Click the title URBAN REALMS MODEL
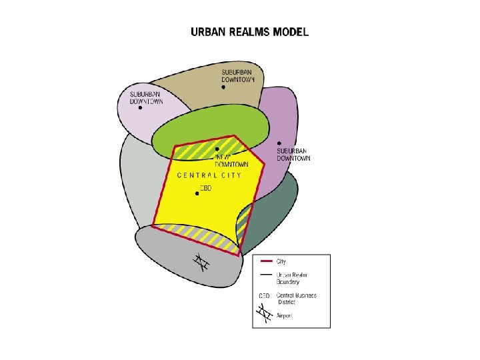(x=249, y=31)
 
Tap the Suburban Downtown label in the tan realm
(x=238, y=75)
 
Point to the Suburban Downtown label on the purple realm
(x=293, y=155)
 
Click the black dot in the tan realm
(x=223, y=87)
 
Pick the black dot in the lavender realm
(x=140, y=109)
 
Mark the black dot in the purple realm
(x=279, y=143)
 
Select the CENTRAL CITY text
(x=209, y=175)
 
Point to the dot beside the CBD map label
(x=197, y=193)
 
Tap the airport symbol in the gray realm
(x=200, y=263)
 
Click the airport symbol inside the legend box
(x=265, y=313)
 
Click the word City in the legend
(x=281, y=261)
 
